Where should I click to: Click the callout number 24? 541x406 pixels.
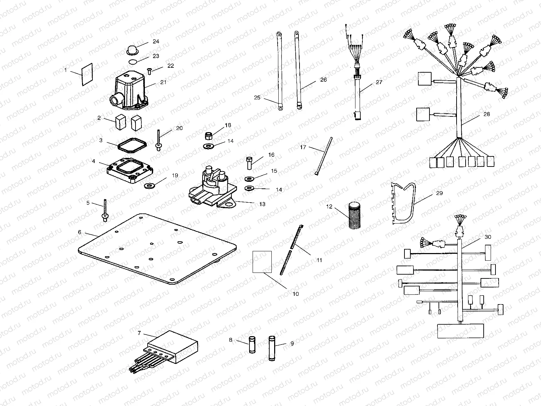click(156, 41)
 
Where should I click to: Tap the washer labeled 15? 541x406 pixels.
click(249, 179)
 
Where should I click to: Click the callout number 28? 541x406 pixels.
click(486, 114)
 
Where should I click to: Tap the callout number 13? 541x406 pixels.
click(262, 204)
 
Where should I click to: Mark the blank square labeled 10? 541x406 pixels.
click(262, 261)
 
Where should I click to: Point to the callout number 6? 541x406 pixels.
click(80, 232)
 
